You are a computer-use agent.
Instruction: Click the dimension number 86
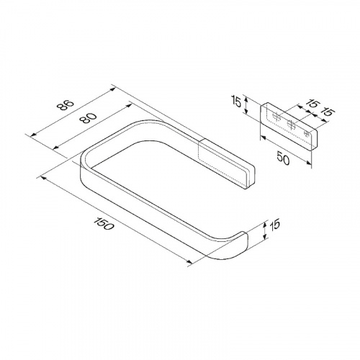[66, 105]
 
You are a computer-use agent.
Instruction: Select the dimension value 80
[89, 118]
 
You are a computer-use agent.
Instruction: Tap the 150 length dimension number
[103, 224]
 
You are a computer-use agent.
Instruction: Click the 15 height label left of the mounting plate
[237, 101]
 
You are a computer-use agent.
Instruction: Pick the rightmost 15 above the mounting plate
[328, 112]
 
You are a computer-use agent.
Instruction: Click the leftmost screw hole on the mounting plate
[276, 117]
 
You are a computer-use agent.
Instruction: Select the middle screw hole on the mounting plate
[291, 125]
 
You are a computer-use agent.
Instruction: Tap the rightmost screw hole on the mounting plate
[307, 133]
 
